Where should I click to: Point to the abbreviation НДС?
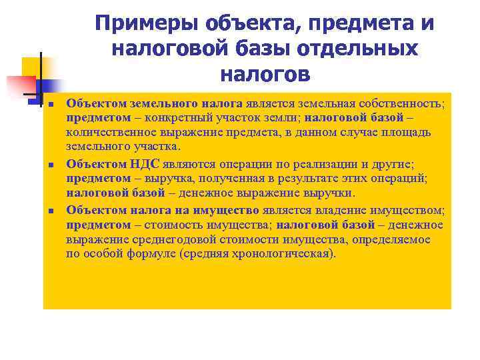click(144, 164)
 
